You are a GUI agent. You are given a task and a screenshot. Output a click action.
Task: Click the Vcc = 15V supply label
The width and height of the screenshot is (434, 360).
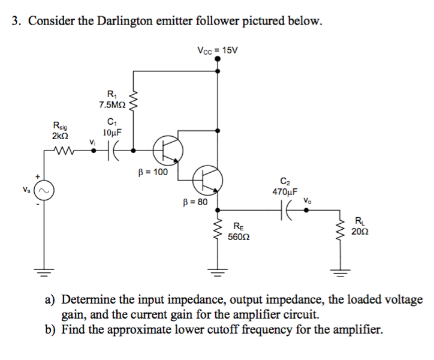coord(217,49)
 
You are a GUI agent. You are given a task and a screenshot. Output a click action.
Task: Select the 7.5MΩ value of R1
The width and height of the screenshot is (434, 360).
coord(111,104)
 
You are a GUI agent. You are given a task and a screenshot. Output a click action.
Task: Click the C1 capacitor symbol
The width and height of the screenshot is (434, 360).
coord(113,149)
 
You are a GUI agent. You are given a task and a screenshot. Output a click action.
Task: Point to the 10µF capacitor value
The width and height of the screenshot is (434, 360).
coord(112,133)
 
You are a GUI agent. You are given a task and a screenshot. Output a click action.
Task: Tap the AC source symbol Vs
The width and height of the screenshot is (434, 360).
coord(43,191)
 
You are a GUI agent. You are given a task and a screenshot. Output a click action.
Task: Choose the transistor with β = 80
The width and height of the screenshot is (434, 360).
coord(207,178)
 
